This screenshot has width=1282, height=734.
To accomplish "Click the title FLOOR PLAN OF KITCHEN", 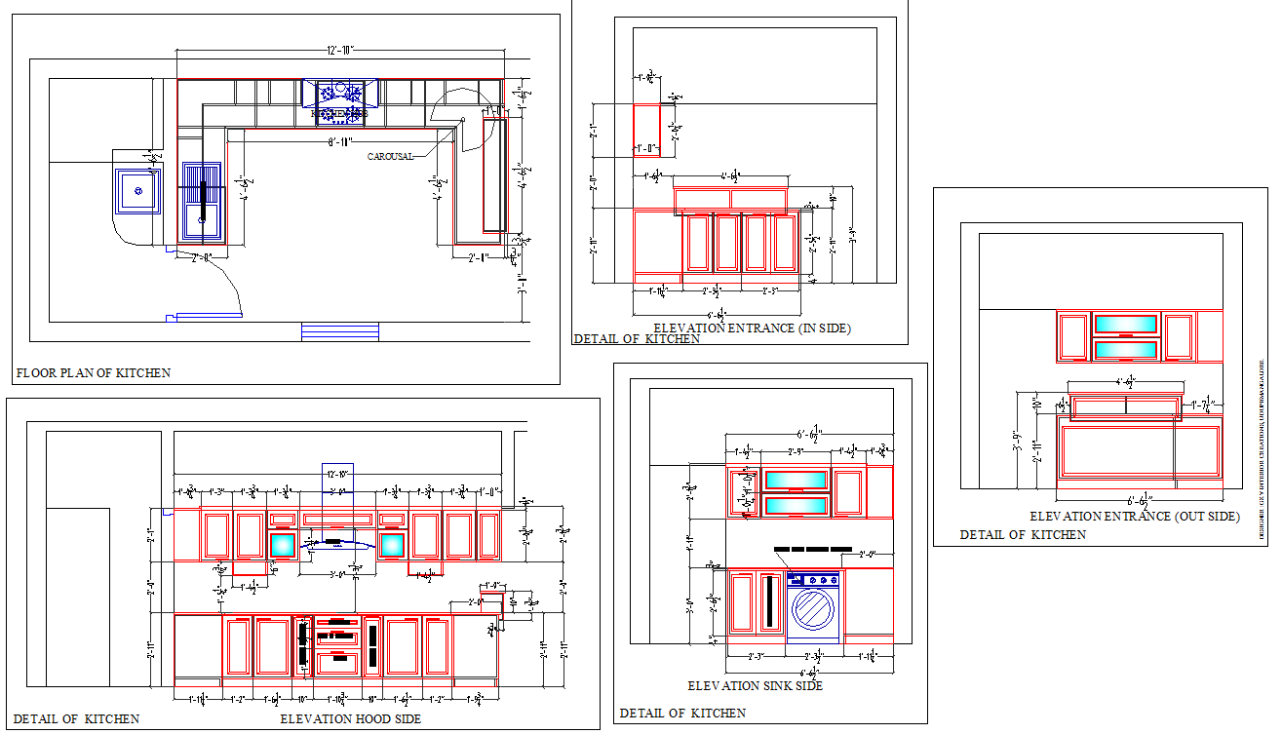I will pyautogui.click(x=94, y=372).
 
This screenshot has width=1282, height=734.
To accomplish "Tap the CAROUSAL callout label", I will pyautogui.click(x=390, y=156).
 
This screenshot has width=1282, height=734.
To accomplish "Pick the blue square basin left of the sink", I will pyautogui.click(x=136, y=190).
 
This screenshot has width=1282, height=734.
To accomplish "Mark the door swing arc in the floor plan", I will pyautogui.click(x=229, y=288).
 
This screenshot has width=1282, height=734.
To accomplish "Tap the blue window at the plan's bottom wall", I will pyautogui.click(x=339, y=331).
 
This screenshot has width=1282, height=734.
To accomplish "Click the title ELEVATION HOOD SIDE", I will pyautogui.click(x=351, y=719).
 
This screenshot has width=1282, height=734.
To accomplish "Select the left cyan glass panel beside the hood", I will pyautogui.click(x=283, y=544).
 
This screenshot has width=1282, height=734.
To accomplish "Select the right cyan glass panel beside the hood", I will pyautogui.click(x=392, y=544).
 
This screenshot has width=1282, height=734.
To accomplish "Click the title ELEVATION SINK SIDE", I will pyautogui.click(x=755, y=686).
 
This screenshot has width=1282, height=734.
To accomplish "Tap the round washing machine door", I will pyautogui.click(x=813, y=610).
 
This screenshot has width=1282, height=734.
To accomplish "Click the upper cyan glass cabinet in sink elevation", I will pyautogui.click(x=796, y=480).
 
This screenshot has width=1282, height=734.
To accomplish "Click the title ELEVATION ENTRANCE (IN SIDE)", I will pyautogui.click(x=752, y=328).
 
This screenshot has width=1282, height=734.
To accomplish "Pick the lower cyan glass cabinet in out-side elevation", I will pyautogui.click(x=1125, y=348).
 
